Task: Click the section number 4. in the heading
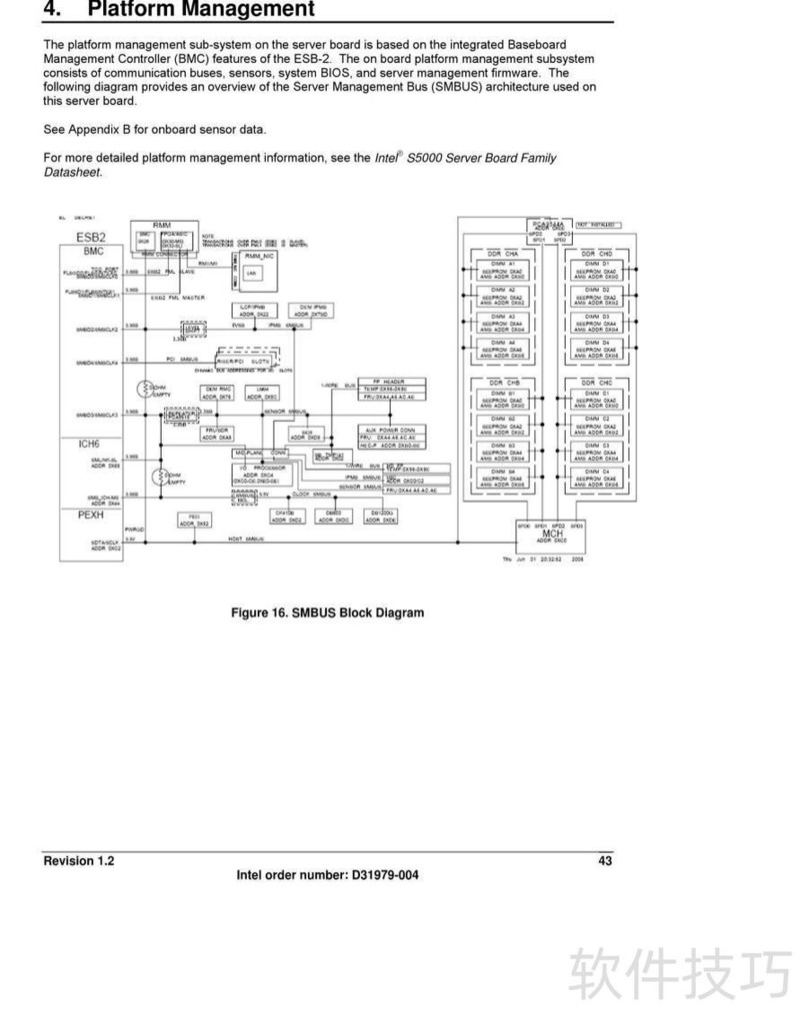54,10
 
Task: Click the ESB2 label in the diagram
92,237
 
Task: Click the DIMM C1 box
599,400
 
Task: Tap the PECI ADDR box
193,519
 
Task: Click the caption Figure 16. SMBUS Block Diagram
327,612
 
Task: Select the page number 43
605,861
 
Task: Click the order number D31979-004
385,876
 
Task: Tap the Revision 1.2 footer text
79,861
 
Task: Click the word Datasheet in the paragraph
72,172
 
